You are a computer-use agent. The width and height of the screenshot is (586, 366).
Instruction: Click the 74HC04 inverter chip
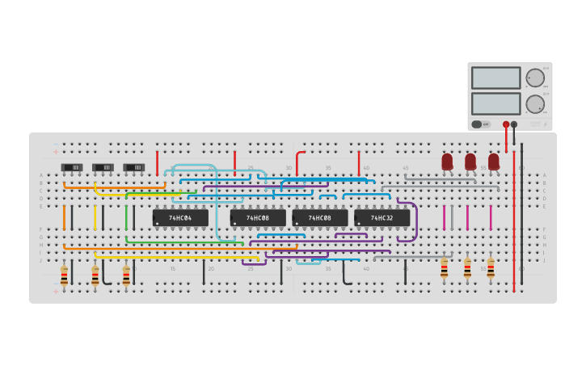[180, 218]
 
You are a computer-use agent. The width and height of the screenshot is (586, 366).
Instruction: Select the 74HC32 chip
[382, 218]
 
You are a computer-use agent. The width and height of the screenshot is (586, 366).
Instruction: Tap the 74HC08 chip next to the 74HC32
[320, 218]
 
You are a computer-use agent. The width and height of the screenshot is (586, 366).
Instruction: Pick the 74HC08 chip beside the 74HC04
[258, 218]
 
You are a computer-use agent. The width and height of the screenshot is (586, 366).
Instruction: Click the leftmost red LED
[447, 162]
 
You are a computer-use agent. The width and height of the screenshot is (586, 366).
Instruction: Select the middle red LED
[470, 162]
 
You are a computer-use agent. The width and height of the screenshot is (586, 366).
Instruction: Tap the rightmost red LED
[493, 162]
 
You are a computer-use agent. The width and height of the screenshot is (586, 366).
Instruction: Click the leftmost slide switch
[72, 167]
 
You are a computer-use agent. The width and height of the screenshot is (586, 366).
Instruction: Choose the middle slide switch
[103, 167]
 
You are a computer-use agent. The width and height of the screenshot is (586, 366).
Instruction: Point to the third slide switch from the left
[133, 167]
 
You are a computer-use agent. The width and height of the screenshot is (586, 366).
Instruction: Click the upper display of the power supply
[495, 78]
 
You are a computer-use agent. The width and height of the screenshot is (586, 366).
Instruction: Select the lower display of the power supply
[495, 103]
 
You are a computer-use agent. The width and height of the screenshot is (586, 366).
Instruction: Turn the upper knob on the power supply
[535, 78]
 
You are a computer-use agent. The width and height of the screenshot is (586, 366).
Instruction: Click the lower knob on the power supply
[535, 103]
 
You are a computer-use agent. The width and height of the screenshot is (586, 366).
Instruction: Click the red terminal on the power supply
[506, 124]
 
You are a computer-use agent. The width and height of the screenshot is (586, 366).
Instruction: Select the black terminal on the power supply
[514, 124]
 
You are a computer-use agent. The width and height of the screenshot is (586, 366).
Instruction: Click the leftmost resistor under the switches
[65, 276]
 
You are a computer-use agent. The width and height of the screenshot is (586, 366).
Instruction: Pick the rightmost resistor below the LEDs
[491, 268]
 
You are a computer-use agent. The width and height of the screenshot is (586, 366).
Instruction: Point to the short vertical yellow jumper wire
[95, 217]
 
